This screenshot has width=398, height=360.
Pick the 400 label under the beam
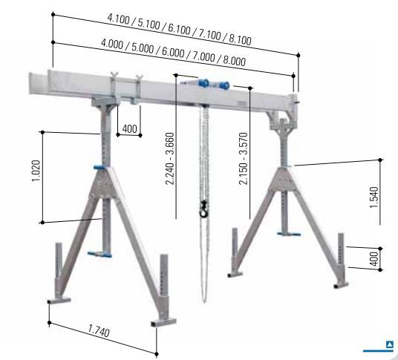[x=130, y=129]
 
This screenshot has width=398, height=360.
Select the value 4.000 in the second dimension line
[x=117, y=43]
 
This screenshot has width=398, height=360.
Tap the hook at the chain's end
[x=201, y=210]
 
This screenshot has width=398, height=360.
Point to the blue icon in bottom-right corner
[x=390, y=344]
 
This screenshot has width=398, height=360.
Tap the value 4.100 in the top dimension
[x=122, y=18]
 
